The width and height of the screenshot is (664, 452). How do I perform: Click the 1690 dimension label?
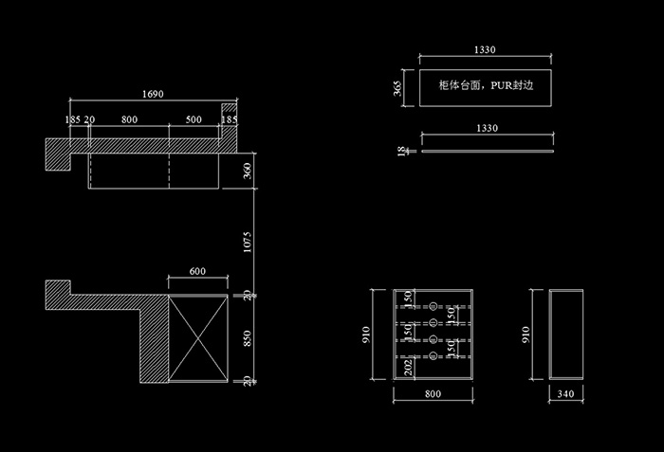click(153, 94)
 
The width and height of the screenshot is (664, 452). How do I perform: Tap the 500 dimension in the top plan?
click(194, 119)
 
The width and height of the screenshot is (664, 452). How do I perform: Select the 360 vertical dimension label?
click(247, 171)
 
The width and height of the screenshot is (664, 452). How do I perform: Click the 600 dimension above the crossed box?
click(197, 271)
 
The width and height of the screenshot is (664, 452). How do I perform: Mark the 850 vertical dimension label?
click(247, 338)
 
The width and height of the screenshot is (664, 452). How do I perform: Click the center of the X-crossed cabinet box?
click(197, 338)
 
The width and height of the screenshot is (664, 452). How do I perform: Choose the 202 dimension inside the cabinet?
click(409, 367)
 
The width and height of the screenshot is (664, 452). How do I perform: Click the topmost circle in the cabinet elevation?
click(433, 307)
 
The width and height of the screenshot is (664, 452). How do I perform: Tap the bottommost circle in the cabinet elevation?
click(433, 355)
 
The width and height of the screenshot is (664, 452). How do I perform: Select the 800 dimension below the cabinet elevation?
click(432, 393)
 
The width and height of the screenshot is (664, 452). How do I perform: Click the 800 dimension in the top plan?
click(130, 119)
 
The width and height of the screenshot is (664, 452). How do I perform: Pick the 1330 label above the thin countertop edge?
click(487, 127)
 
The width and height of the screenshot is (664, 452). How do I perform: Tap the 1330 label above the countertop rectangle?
click(487, 49)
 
